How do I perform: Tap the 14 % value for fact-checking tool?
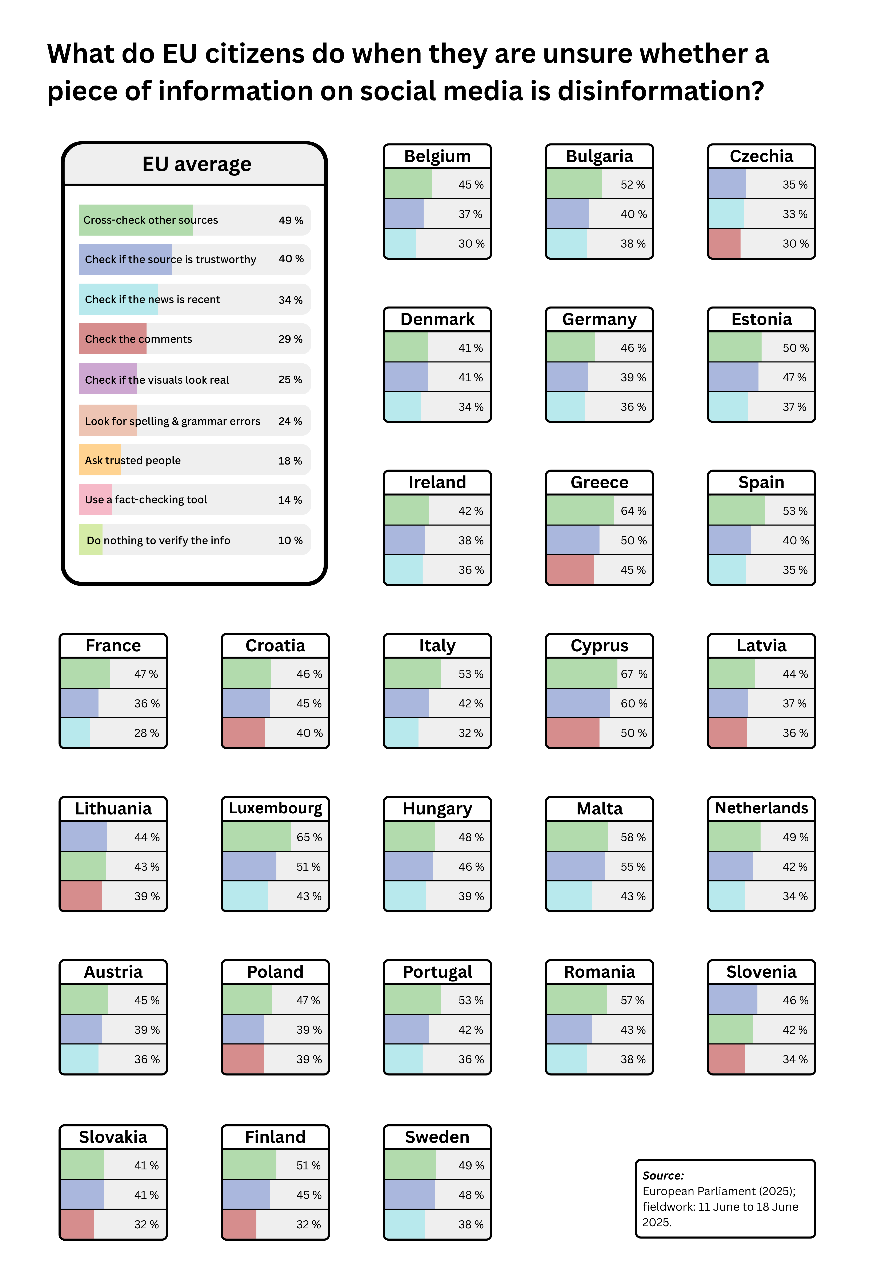point(290,500)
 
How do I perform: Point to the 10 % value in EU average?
point(290,540)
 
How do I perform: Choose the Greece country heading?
point(599,482)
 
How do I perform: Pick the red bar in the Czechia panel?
point(724,244)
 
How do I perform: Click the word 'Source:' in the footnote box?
point(663,1176)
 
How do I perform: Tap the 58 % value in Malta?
point(633,837)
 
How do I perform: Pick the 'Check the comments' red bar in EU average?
point(113,339)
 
